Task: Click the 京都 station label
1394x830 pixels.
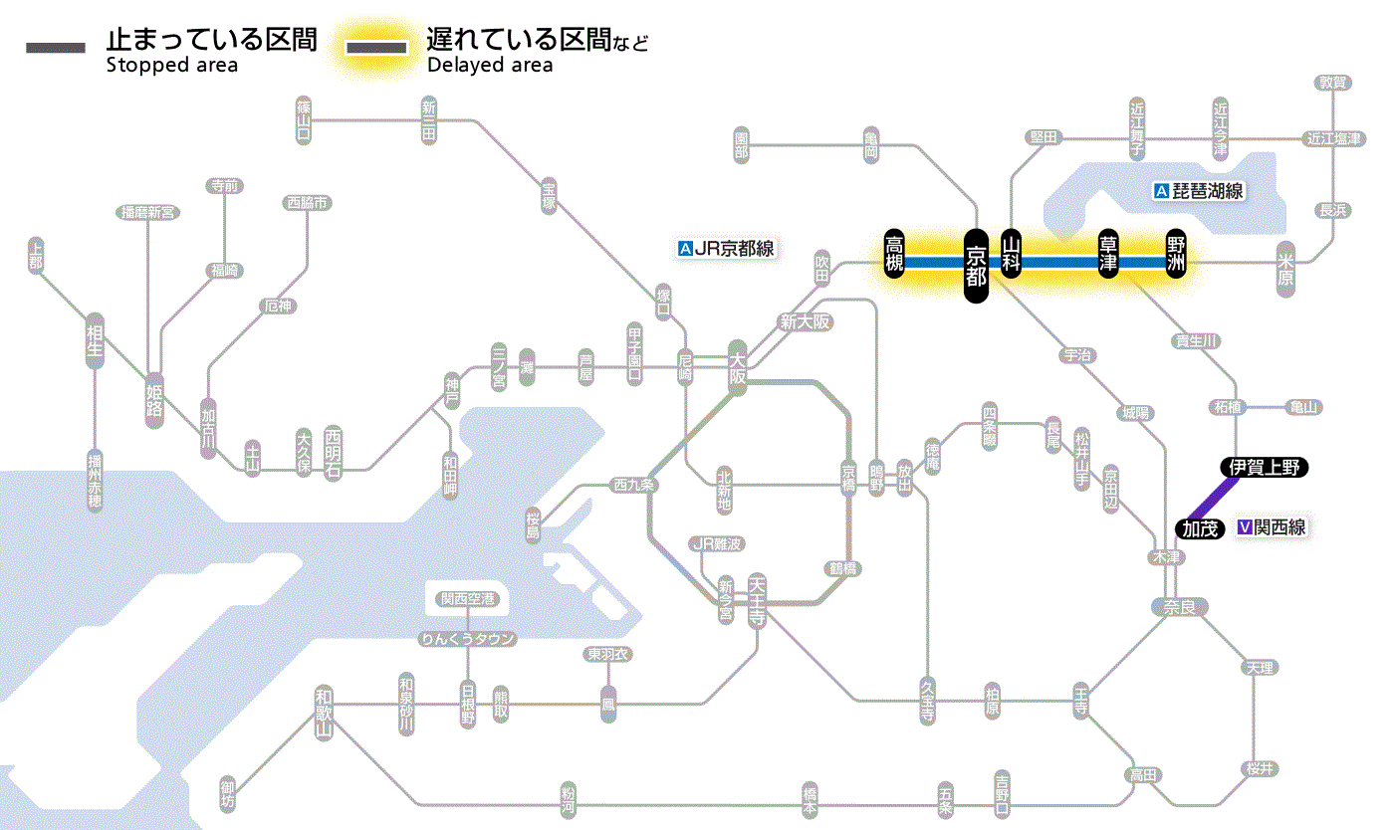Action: click(976, 264)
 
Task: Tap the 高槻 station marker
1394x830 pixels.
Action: click(895, 255)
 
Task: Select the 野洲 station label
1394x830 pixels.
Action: click(1177, 255)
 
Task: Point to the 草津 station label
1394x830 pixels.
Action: click(1107, 255)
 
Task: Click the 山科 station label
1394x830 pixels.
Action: click(1012, 255)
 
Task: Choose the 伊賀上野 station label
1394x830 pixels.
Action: click(1265, 467)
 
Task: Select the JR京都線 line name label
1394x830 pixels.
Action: click(726, 249)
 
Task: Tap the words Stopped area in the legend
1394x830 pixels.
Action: click(172, 66)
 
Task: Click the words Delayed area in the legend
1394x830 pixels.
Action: click(490, 66)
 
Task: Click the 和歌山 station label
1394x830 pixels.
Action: click(324, 713)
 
